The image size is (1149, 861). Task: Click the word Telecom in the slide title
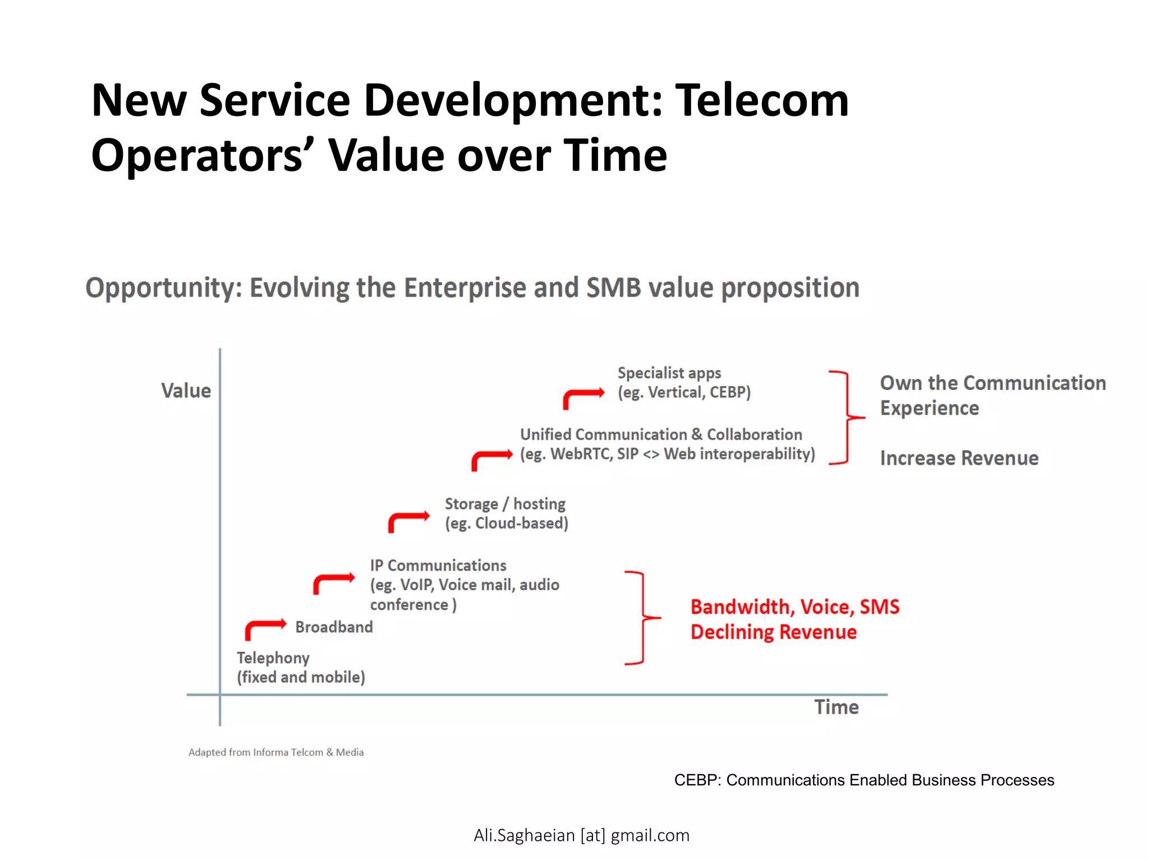tap(761, 101)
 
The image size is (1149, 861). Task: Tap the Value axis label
tap(186, 391)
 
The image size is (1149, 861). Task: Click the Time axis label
tap(836, 707)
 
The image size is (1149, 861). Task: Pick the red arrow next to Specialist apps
tap(583, 397)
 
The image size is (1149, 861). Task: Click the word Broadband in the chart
tap(334, 627)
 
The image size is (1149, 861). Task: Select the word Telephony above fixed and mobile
tap(273, 658)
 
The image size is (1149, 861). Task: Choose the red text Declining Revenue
tap(773, 632)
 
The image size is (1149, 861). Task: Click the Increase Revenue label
tap(959, 458)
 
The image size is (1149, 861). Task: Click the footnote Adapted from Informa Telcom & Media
tap(275, 752)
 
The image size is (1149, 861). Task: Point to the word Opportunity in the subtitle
tap(163, 288)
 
